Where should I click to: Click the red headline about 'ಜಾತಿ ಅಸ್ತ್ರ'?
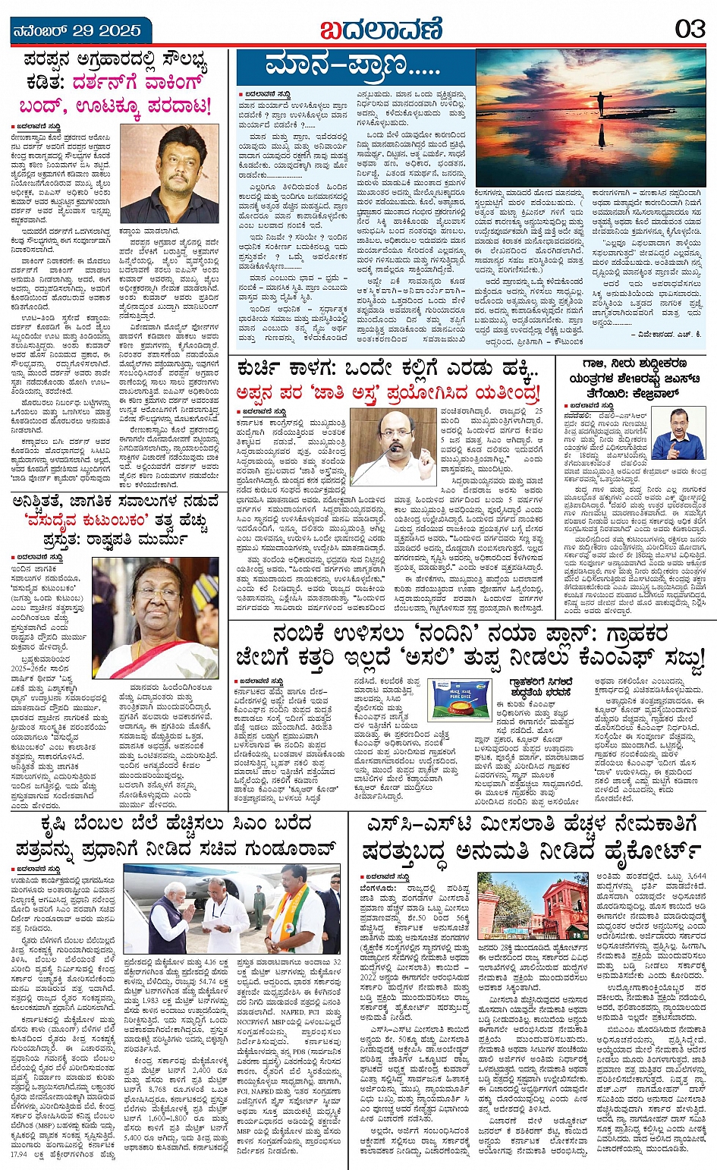[387, 392]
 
